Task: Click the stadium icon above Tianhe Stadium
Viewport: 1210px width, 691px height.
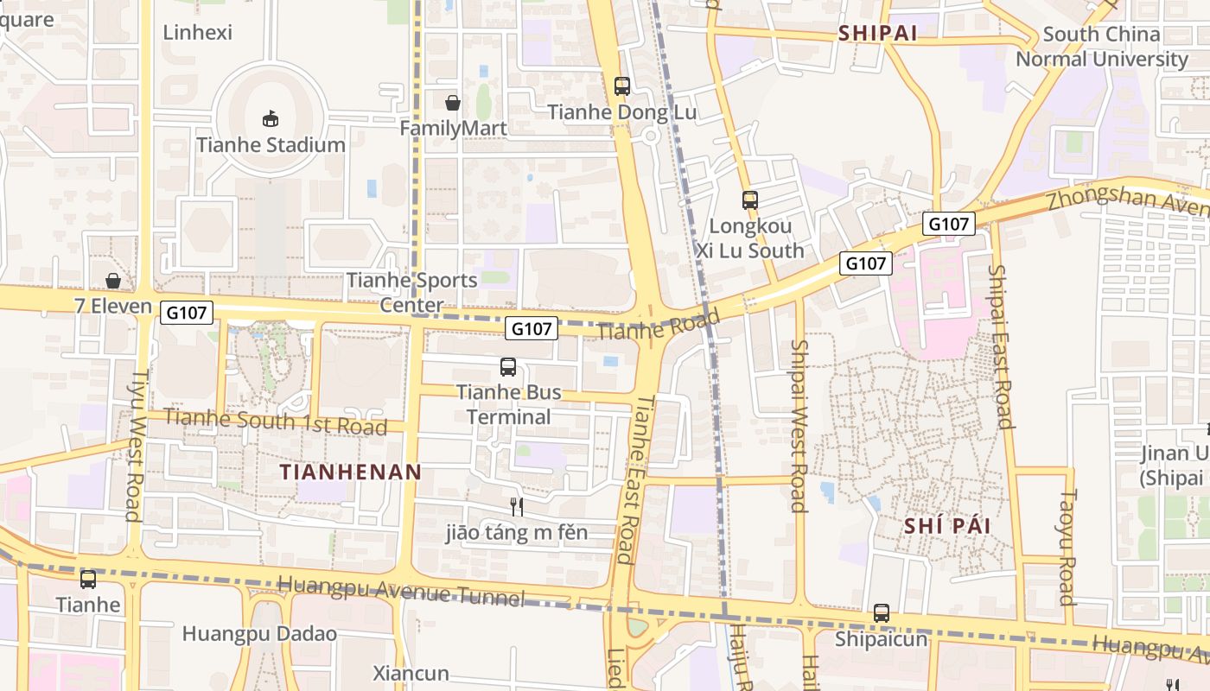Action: [x=271, y=118]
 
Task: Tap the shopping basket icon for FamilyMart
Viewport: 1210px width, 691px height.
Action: [x=452, y=103]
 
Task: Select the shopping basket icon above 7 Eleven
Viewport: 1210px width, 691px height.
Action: [x=112, y=281]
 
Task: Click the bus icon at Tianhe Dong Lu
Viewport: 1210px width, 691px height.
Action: [x=621, y=86]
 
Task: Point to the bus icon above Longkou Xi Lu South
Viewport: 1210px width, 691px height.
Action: [x=749, y=200]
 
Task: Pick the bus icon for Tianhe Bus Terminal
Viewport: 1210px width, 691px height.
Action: [x=508, y=367]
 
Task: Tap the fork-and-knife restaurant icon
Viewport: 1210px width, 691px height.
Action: [x=517, y=507]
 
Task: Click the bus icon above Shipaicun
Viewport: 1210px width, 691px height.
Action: [x=881, y=613]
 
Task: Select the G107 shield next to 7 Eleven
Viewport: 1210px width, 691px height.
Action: [x=187, y=313]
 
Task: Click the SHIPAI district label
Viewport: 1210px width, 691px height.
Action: [x=877, y=33]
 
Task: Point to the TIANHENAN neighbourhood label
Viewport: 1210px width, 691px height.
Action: [x=351, y=472]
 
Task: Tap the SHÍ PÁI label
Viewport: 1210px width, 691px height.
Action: [x=947, y=526]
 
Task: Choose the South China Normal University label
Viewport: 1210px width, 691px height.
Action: [x=1101, y=47]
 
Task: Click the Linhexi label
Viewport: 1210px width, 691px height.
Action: [x=198, y=33]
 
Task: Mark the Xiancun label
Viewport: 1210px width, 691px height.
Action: [x=411, y=673]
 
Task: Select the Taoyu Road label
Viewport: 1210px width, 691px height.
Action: [x=1067, y=548]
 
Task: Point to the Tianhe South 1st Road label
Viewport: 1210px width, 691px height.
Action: [x=275, y=422]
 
